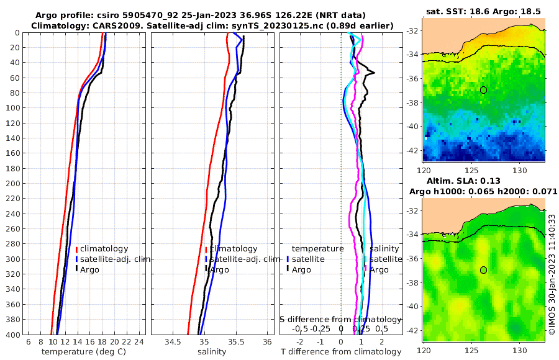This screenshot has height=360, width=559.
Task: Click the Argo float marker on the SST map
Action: (x=483, y=90)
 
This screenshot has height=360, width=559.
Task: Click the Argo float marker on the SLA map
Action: (x=483, y=270)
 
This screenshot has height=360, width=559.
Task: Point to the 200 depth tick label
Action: (x=12, y=183)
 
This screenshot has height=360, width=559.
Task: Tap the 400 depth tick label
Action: (x=12, y=335)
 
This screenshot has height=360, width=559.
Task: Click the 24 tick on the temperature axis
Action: (x=139, y=342)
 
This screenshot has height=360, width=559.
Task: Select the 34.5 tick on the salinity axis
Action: (x=173, y=342)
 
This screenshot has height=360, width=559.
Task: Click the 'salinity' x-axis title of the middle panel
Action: (x=211, y=352)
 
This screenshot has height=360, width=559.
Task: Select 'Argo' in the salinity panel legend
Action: (x=219, y=269)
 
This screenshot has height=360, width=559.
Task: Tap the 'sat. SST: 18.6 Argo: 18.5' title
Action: (x=484, y=11)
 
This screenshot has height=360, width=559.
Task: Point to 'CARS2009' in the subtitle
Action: (x=99, y=25)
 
